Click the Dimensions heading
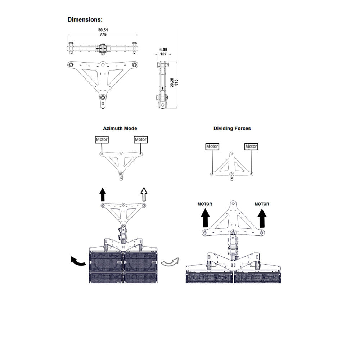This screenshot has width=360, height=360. tap(85, 20)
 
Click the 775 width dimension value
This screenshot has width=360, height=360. tap(103, 35)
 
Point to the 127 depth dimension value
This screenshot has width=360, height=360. tap(163, 54)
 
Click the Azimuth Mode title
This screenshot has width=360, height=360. tap(120, 129)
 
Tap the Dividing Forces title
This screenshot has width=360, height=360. tap(232, 129)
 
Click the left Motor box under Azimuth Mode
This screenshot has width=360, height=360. tap(102, 140)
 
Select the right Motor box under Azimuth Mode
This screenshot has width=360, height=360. tap(141, 140)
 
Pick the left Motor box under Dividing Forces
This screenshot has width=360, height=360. tap(212, 147)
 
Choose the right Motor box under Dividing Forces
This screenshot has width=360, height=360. tap(251, 147)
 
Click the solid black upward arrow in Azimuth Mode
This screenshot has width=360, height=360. tap(103, 194)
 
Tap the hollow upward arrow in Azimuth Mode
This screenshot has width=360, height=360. tap(144, 194)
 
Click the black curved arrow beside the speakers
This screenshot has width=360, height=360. tap(78, 261)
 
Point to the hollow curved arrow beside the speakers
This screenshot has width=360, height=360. tap(170, 262)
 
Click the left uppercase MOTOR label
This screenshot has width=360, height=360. tap(205, 204)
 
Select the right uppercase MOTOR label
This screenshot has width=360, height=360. tap(262, 204)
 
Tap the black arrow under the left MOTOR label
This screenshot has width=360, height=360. tap(205, 219)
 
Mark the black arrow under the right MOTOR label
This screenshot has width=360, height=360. tap(262, 219)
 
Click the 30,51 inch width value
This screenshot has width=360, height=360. tap(103, 30)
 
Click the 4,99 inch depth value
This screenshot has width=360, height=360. tap(163, 50)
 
